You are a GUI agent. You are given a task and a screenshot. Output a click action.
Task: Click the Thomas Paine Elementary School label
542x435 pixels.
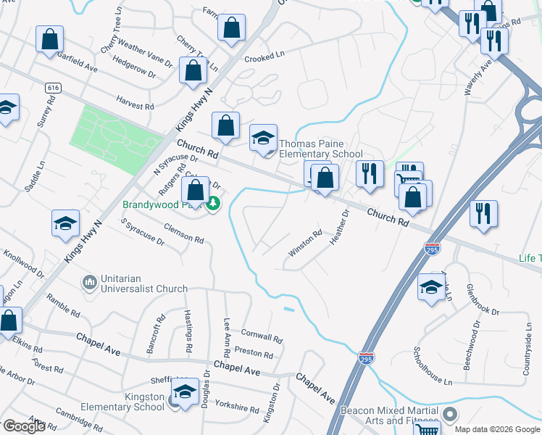[x=320, y=149]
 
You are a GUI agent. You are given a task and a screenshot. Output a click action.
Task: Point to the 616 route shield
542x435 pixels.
[x=51, y=88]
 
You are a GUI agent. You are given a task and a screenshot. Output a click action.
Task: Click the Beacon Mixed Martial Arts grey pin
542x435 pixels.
[x=450, y=415]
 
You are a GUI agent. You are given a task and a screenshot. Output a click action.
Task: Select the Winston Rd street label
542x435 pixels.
[x=305, y=243]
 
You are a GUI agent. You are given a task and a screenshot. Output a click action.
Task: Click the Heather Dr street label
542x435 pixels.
[x=340, y=227]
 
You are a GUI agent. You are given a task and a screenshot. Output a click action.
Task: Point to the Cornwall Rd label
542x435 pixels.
[x=262, y=337]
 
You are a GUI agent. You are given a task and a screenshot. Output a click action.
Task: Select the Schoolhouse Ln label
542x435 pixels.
[x=433, y=365]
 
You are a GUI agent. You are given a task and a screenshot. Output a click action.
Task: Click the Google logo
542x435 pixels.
[x=24, y=426]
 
